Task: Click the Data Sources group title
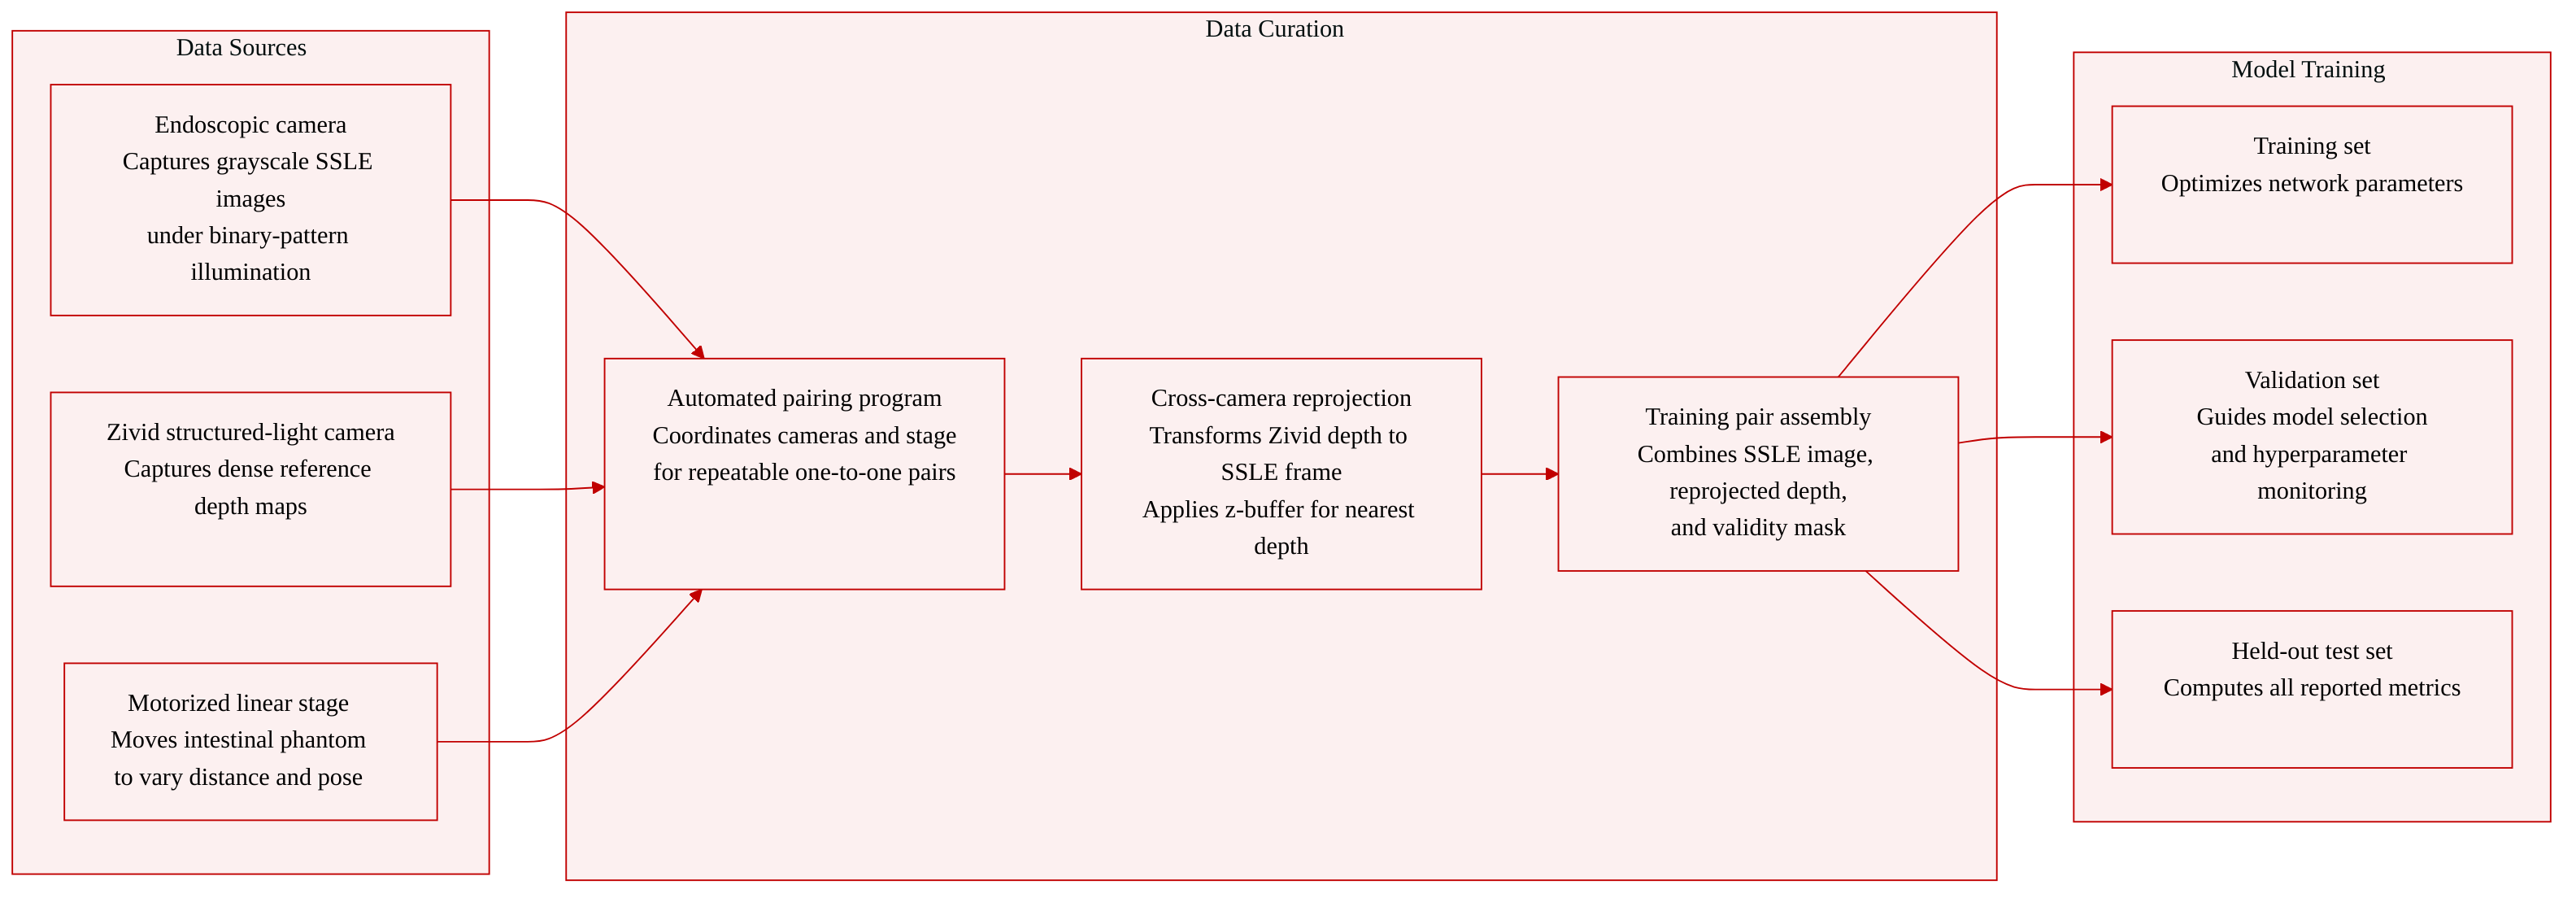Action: coord(241,47)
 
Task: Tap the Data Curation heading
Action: coord(1274,29)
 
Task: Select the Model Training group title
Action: coord(2308,69)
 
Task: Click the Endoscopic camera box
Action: coord(250,200)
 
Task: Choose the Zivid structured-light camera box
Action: coord(250,489)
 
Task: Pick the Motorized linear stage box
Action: coord(250,742)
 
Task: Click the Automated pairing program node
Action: coord(804,474)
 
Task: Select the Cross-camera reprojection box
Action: coord(1281,474)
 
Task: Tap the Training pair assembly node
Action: coord(1758,474)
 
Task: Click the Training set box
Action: coord(2312,185)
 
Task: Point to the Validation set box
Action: coord(2312,437)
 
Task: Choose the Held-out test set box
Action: coord(2312,689)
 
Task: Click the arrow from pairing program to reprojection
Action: coord(1043,474)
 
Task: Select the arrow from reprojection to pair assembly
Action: coord(1520,474)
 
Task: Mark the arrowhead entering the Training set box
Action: coord(2106,185)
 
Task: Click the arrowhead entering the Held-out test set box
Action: coord(2106,689)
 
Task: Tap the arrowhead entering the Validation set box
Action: coord(2106,437)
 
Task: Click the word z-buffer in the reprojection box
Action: coord(1263,509)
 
